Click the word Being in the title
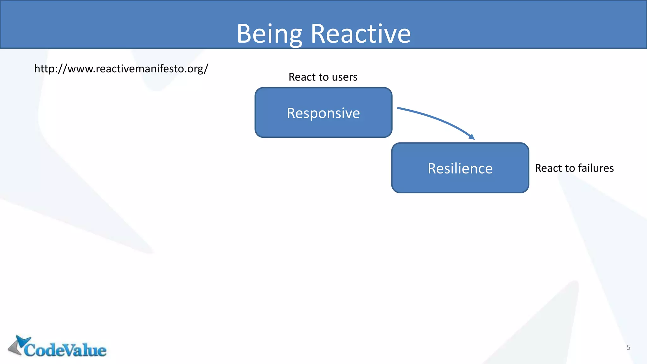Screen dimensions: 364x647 click(269, 34)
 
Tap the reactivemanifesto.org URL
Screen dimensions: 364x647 click(121, 69)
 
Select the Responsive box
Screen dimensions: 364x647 click(323, 113)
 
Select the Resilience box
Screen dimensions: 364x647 click(460, 168)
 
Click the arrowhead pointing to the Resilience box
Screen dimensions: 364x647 click(472, 137)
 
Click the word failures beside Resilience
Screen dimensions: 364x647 click(596, 168)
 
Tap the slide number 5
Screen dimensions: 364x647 click(628, 348)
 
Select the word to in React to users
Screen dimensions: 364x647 click(324, 77)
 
